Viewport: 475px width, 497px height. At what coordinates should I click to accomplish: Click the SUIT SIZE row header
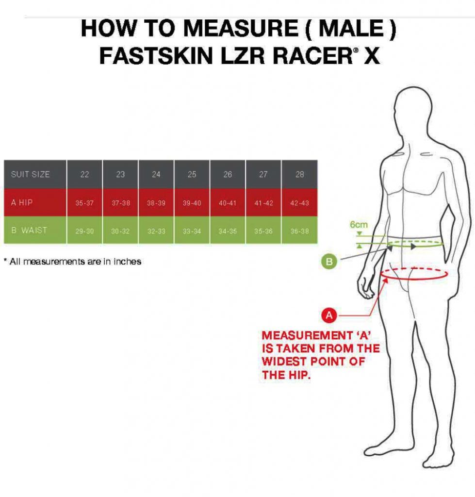click(x=31, y=174)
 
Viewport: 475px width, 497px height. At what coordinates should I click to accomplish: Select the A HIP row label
click(x=22, y=202)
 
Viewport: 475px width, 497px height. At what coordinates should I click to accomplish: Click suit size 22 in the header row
click(x=84, y=174)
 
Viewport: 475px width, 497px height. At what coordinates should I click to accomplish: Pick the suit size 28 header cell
click(x=299, y=174)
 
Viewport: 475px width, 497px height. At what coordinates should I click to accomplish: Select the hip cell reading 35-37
click(x=84, y=203)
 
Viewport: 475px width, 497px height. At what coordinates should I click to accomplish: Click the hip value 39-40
click(x=192, y=203)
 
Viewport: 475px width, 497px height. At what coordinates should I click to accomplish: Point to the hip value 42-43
click(x=299, y=203)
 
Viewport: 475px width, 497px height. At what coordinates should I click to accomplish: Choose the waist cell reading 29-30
click(x=84, y=231)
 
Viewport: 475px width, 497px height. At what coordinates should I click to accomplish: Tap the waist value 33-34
click(x=192, y=231)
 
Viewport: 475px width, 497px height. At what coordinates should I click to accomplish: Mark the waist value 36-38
click(x=299, y=231)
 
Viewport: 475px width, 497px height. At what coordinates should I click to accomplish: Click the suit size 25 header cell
click(x=192, y=174)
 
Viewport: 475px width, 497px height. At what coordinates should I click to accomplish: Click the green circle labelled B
click(x=329, y=262)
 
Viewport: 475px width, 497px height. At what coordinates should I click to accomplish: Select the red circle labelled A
click(x=329, y=315)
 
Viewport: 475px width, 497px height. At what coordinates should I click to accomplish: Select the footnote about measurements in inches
click(x=72, y=262)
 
